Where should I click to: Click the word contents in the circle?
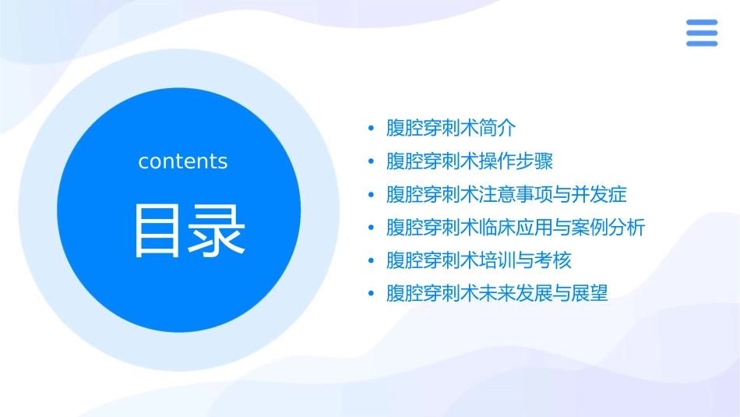point(183,161)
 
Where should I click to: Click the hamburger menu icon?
point(701,33)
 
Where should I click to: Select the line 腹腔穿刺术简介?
point(451,129)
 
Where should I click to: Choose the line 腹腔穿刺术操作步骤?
point(470,161)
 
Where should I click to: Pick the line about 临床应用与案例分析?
point(516,228)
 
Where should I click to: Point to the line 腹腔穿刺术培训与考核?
point(479,260)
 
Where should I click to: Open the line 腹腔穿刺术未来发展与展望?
point(497,294)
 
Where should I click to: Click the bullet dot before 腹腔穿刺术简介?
point(372,129)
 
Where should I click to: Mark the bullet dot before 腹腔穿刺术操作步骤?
point(372,161)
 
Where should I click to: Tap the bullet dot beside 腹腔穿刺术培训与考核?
point(372,260)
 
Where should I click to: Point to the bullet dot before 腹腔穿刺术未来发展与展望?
point(372,294)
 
